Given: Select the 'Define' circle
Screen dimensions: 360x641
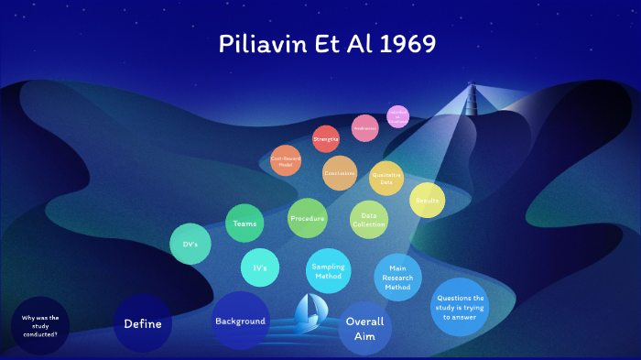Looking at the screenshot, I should [x=143, y=323].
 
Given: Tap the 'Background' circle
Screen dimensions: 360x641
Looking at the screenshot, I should [x=240, y=321].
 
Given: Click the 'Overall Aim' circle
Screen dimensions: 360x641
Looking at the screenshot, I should [x=364, y=328].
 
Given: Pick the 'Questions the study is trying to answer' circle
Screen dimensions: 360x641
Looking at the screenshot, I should [x=461, y=307].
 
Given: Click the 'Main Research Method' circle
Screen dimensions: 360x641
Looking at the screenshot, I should [x=397, y=277].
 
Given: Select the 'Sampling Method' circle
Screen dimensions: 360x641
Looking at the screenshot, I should [x=328, y=270].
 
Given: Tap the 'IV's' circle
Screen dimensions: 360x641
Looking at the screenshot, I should [x=260, y=267].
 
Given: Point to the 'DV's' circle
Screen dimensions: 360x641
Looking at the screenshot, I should [x=190, y=244].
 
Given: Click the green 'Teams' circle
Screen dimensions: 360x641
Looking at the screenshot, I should [x=245, y=224].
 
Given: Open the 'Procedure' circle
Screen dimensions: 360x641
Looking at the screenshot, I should [x=308, y=218].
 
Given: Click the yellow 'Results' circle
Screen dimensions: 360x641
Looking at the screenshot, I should [x=427, y=200].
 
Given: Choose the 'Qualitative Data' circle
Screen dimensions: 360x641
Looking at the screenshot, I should [x=386, y=178].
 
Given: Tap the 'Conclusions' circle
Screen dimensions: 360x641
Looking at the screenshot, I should [x=340, y=172].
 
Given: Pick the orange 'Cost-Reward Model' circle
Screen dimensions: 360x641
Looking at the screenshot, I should [x=286, y=160].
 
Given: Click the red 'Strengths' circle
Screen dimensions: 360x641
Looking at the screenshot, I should [x=326, y=138].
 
